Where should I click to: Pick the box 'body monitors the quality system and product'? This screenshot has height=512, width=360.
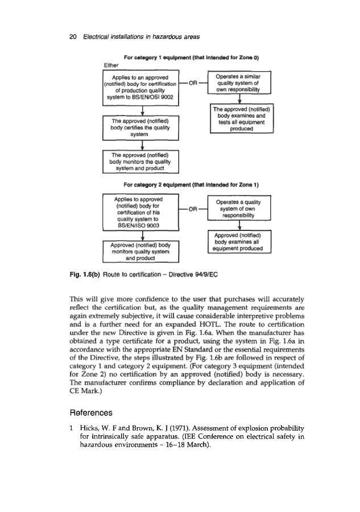[x=140, y=161]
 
